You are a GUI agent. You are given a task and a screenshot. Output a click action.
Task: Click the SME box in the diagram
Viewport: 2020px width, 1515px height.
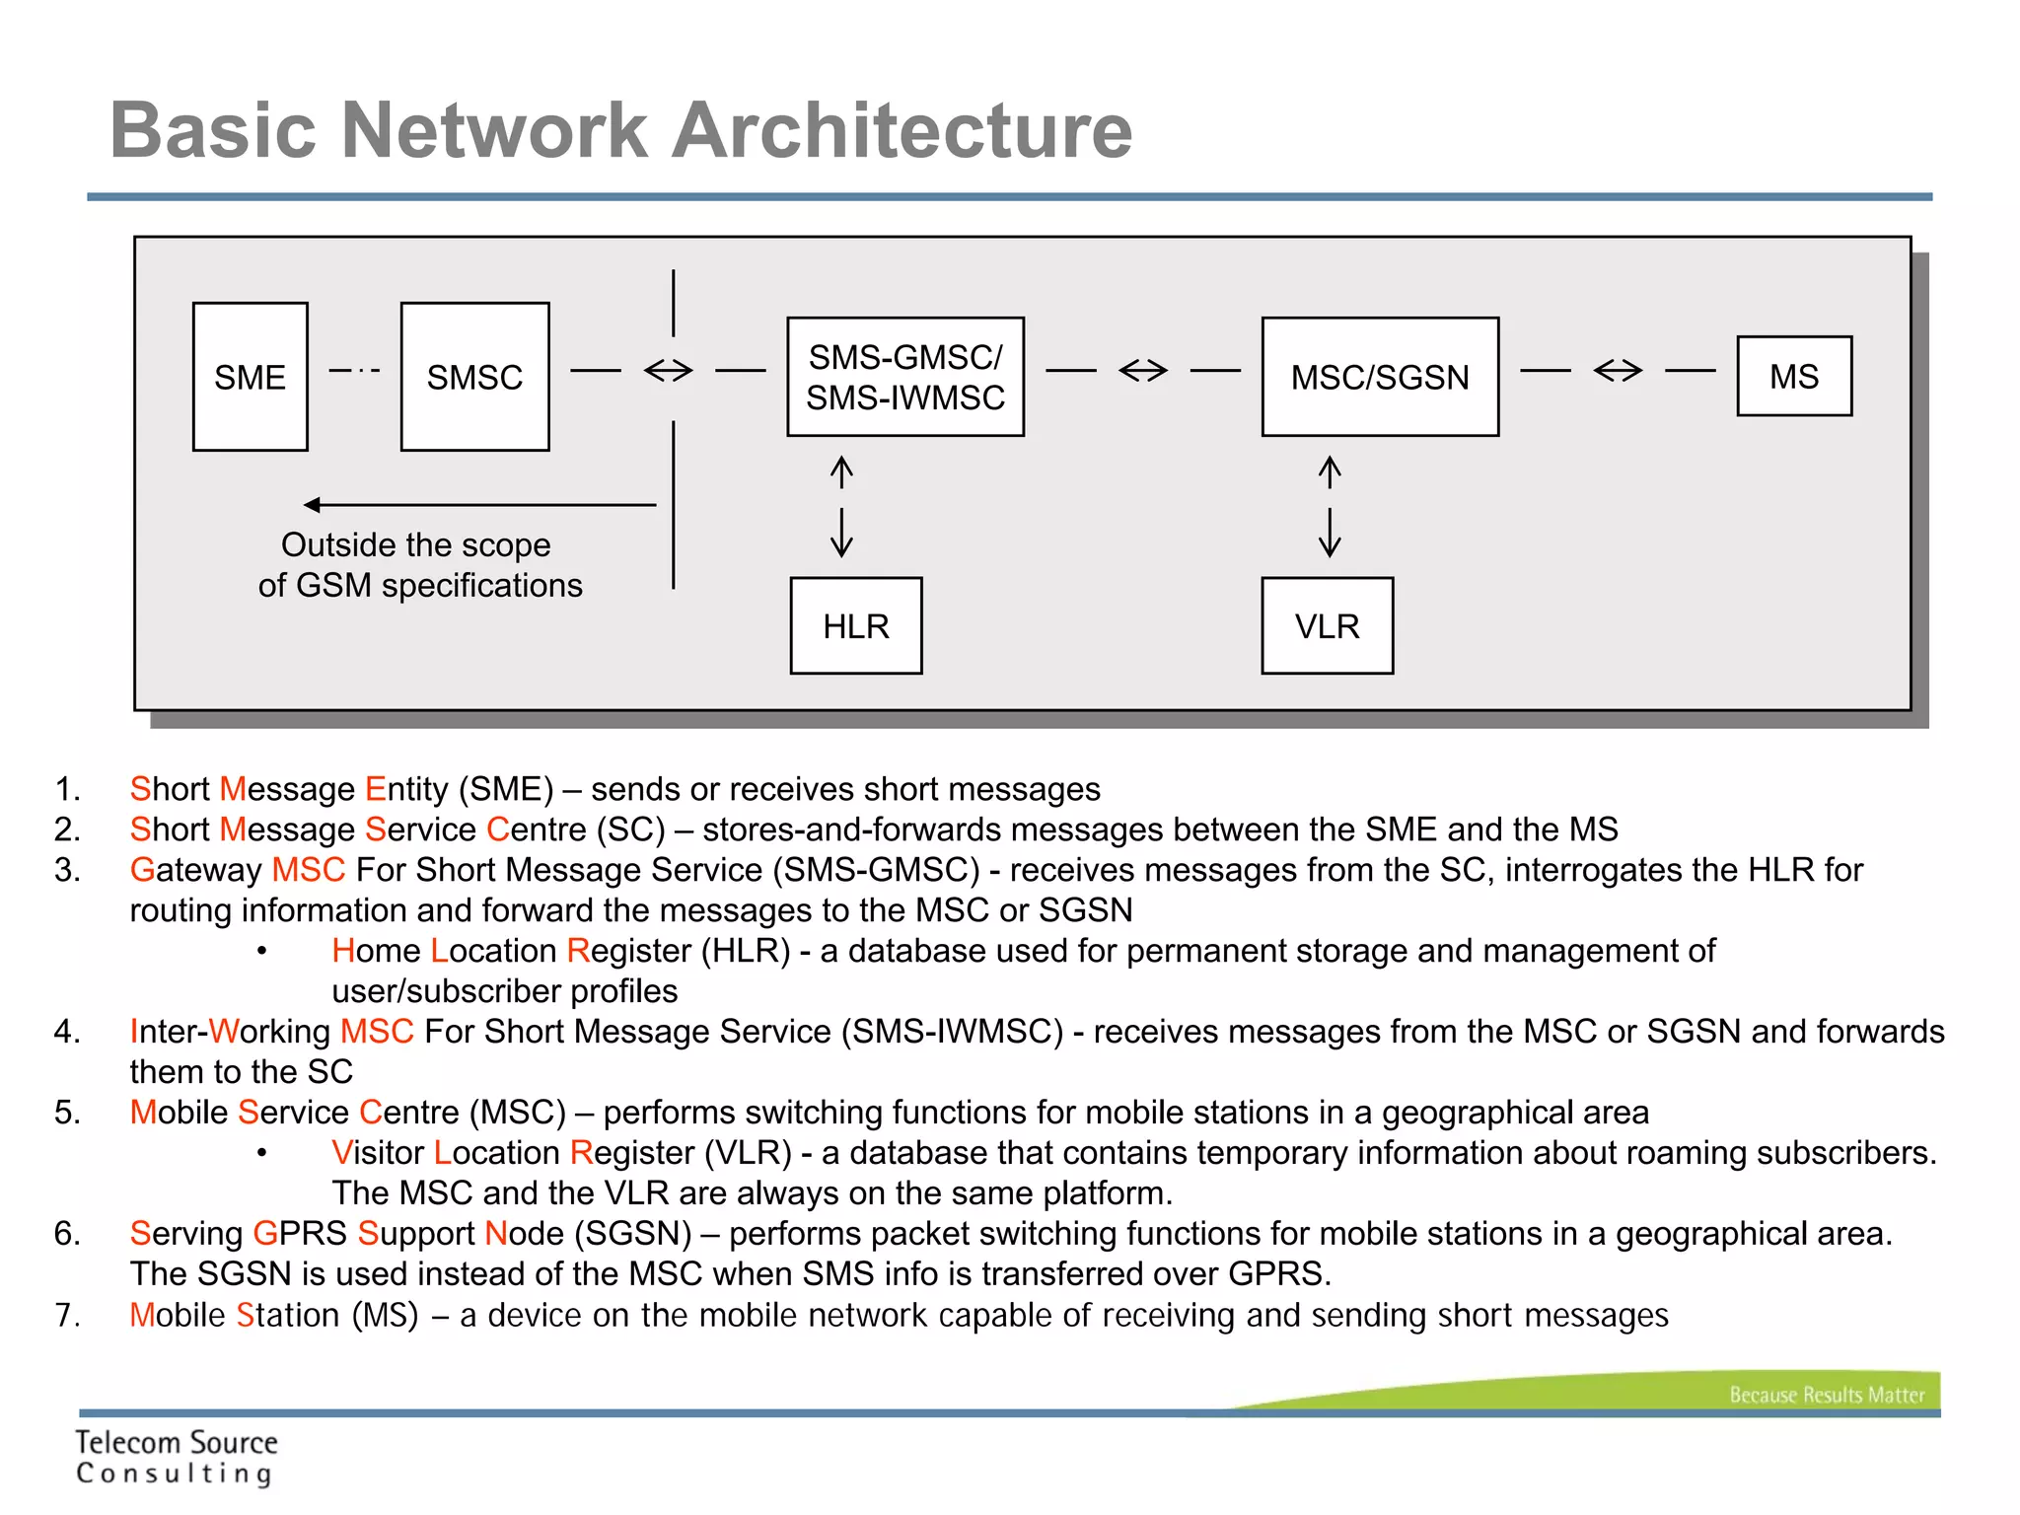[251, 377]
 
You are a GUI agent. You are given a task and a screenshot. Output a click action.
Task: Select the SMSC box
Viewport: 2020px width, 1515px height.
[474, 377]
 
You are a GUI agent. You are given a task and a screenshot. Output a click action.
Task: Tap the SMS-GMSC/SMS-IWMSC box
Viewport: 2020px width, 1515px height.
[905, 377]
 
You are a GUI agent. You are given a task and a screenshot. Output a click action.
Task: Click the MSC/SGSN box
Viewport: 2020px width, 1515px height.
[1380, 377]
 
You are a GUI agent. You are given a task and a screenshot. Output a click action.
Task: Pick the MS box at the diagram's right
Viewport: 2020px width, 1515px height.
[1794, 376]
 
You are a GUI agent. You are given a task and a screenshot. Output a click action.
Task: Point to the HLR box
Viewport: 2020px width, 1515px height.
[856, 625]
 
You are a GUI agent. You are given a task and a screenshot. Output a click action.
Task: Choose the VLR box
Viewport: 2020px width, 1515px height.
[1328, 625]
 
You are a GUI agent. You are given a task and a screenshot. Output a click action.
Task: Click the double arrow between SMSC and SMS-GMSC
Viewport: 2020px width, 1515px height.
[669, 371]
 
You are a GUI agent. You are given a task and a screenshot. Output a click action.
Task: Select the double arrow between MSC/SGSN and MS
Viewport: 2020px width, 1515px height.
[1619, 371]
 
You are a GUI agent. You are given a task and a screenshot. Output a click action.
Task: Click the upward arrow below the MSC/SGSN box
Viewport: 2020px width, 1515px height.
[1330, 472]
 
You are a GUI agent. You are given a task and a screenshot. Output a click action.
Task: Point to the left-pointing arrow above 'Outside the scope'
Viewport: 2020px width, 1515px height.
[479, 505]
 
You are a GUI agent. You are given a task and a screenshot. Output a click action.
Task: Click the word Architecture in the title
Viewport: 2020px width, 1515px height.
[902, 130]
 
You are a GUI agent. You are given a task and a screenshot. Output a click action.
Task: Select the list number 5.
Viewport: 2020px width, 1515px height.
[66, 1113]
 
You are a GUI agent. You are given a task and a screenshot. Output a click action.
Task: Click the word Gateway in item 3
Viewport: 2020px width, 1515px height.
[195, 870]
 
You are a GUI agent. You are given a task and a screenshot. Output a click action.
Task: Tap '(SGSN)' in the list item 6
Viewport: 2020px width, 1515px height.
[633, 1234]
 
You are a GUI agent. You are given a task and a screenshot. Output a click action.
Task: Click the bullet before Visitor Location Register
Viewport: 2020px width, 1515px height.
[261, 1153]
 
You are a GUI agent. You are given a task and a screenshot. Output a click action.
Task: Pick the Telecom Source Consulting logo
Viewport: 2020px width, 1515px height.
[177, 1457]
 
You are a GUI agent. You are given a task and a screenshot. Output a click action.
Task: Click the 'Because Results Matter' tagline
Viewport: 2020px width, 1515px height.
[1826, 1395]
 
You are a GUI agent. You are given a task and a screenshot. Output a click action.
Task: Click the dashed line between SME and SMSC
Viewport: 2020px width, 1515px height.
[354, 371]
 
